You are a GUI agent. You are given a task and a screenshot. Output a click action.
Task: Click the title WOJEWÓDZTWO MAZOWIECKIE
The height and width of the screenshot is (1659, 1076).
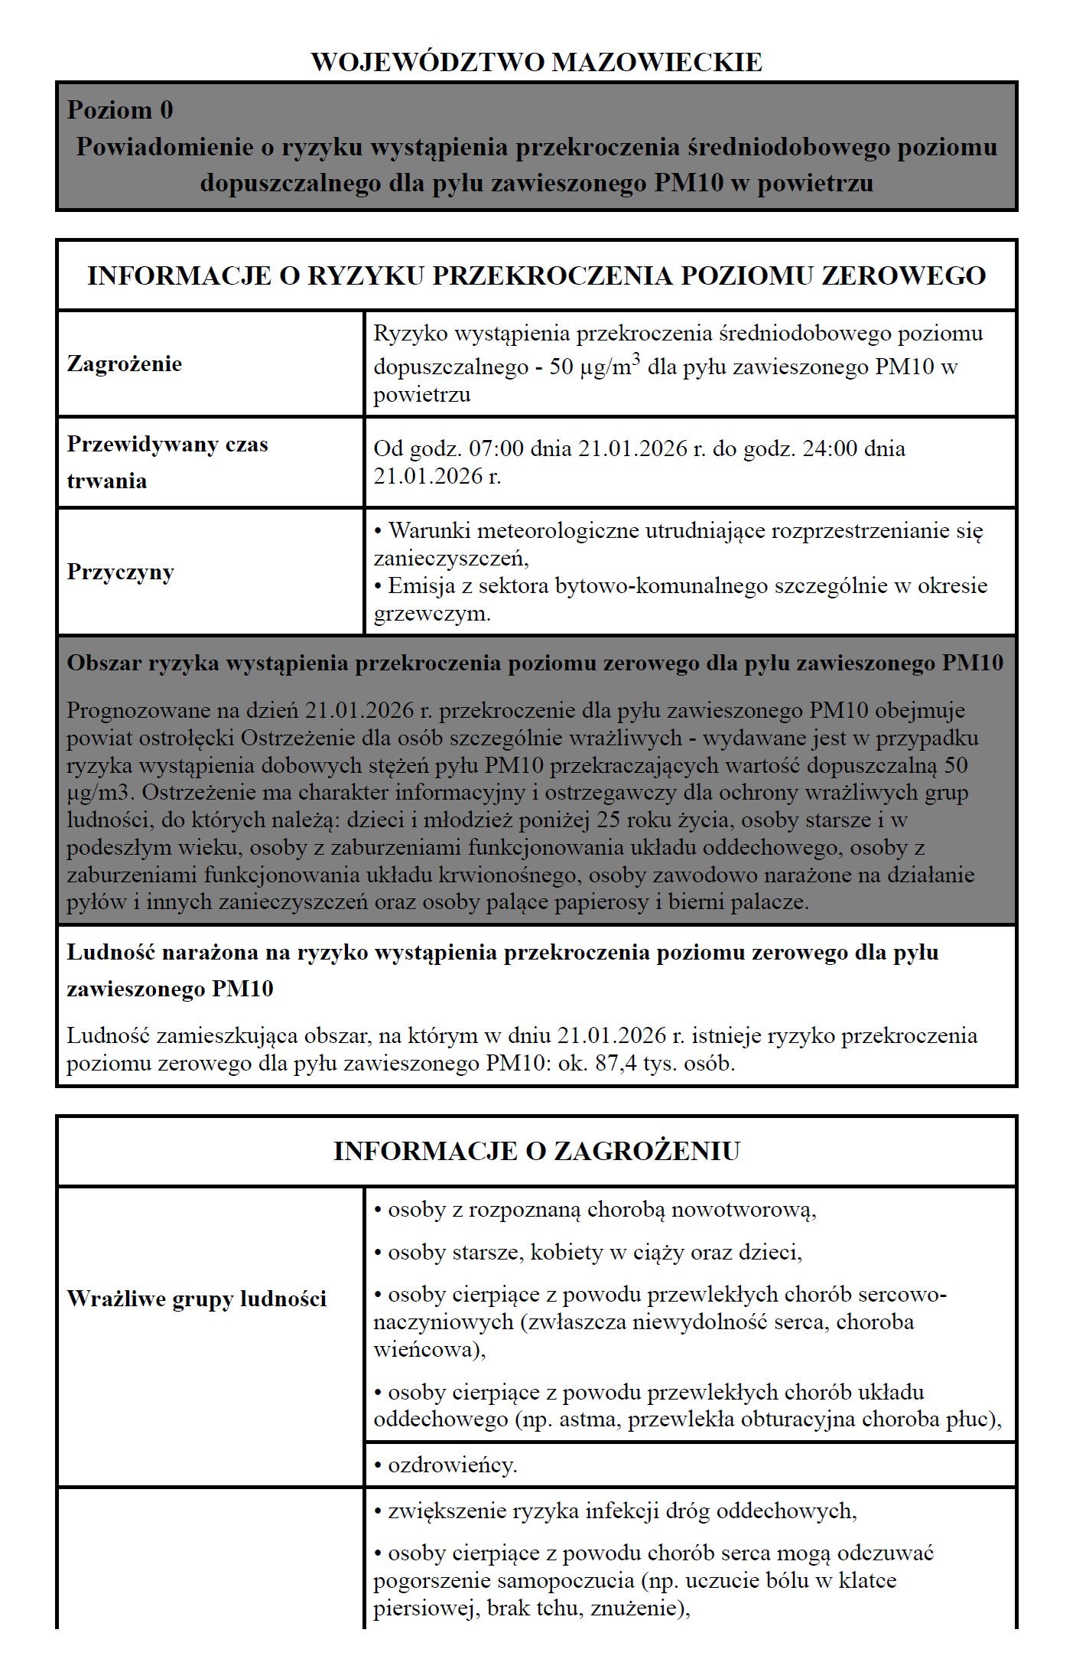(x=536, y=62)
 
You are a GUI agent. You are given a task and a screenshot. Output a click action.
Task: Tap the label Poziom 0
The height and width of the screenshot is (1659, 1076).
(x=120, y=110)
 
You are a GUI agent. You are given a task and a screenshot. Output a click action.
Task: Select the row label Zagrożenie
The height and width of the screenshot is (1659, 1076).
(x=124, y=363)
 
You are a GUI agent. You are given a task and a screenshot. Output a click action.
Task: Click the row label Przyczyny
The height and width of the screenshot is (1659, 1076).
(x=120, y=572)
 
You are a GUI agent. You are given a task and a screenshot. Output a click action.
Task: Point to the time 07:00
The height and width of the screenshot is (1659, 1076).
(x=496, y=448)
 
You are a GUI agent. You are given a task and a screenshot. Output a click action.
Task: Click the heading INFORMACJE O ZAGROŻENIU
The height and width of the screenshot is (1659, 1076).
(x=536, y=1151)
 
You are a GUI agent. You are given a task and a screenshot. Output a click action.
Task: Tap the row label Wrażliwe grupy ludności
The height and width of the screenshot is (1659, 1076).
(x=197, y=1299)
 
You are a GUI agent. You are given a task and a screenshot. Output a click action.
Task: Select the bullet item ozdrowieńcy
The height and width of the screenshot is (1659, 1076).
(x=452, y=1465)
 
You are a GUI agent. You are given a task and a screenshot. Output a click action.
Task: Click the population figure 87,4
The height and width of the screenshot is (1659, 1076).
(x=616, y=1064)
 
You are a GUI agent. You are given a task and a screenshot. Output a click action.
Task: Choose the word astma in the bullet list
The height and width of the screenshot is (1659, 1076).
(x=590, y=1419)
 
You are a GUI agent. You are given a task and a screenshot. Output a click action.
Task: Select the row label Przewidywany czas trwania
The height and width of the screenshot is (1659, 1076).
(x=167, y=462)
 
